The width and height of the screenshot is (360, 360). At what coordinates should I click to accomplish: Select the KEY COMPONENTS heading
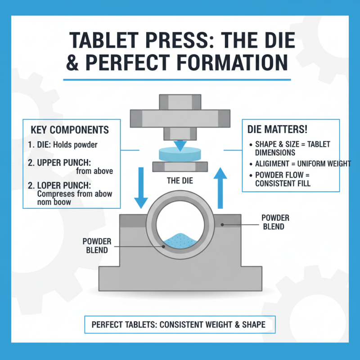(x=70, y=130)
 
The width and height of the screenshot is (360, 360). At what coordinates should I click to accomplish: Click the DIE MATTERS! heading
(x=278, y=129)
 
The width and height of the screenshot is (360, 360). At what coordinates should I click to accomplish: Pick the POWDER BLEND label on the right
(x=275, y=222)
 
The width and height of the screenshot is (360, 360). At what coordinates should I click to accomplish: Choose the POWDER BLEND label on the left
(x=96, y=245)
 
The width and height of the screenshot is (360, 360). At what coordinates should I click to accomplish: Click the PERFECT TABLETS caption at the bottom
(x=178, y=324)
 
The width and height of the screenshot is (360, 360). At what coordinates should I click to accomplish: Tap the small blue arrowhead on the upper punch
(x=180, y=145)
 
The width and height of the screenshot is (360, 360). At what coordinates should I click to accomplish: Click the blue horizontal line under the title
(x=177, y=80)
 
